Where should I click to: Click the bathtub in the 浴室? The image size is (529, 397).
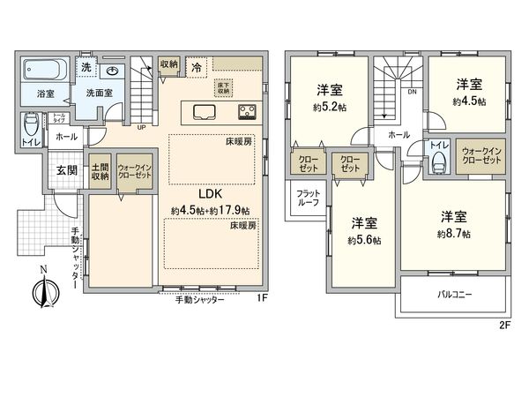pyautogui.click(x=42, y=69)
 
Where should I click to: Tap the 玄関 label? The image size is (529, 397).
pyautogui.click(x=56, y=170)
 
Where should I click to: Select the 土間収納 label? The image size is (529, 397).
pyautogui.click(x=100, y=171)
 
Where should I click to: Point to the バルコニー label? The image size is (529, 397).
pyautogui.click(x=454, y=294)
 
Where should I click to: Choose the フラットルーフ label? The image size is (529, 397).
pyautogui.click(x=309, y=197)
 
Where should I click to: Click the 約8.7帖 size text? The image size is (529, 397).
pyautogui.click(x=453, y=234)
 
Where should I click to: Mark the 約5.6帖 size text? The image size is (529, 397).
pyautogui.click(x=364, y=239)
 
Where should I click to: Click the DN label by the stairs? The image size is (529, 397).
pyautogui.click(x=412, y=91)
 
